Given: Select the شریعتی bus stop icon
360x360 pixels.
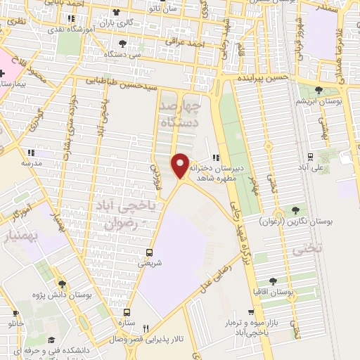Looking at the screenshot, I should [149, 252].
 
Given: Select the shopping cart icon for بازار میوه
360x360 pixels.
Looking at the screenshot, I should [251, 311].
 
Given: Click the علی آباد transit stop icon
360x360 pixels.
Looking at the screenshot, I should [309, 156].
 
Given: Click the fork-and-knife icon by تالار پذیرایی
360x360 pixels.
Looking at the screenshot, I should [146, 328].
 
